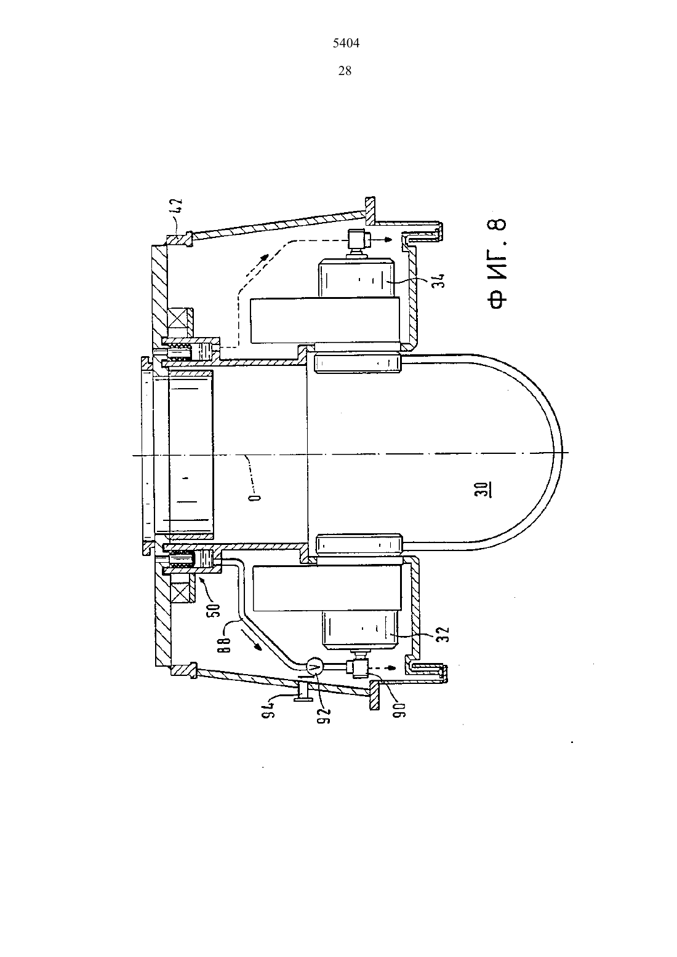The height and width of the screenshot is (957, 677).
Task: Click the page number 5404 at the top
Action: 346,43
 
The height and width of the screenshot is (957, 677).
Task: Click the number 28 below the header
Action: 345,71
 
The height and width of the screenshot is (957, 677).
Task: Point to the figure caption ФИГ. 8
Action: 497,263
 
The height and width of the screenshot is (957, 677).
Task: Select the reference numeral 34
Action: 438,280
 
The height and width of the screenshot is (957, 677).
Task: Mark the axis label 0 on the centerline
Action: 255,496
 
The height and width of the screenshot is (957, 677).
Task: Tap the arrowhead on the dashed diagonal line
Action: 265,256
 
